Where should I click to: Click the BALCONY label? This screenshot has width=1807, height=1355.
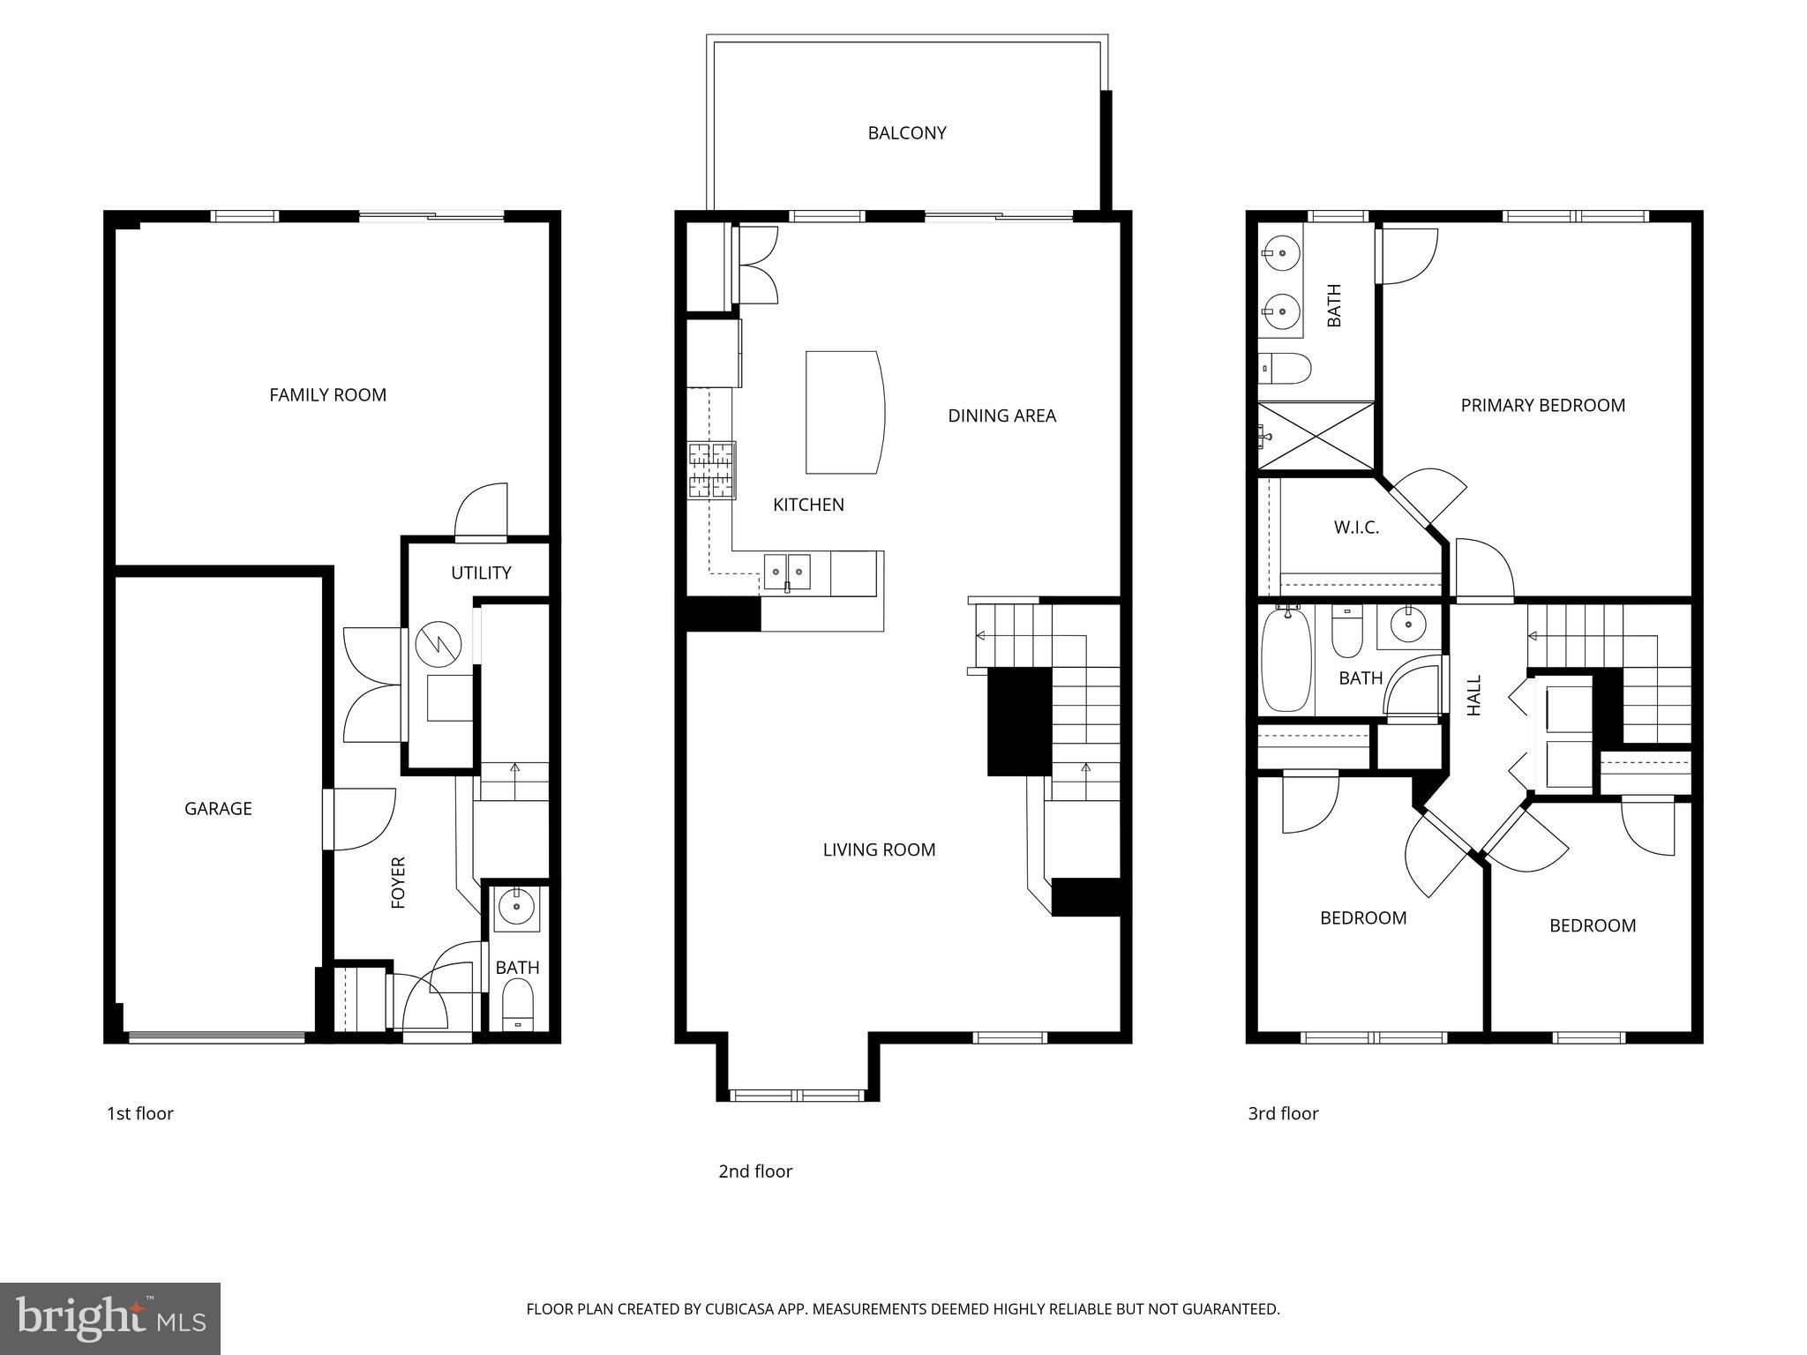tap(906, 133)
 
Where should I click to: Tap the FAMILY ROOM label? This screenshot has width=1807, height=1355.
tap(327, 395)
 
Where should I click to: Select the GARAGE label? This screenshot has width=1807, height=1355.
tap(218, 809)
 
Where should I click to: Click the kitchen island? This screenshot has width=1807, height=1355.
tap(844, 412)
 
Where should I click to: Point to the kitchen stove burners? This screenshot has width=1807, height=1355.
tap(711, 471)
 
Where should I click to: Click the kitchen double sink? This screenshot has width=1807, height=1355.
tap(787, 571)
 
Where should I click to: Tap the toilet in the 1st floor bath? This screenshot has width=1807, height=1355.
tap(518, 1006)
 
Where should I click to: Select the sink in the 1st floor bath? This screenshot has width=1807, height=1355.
tap(516, 906)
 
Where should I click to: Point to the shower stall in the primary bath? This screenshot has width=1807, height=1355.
tap(1316, 436)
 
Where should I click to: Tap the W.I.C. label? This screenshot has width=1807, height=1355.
tap(1356, 528)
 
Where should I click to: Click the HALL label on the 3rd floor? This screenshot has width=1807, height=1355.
tap(1474, 695)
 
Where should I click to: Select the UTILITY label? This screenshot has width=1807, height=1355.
tap(481, 573)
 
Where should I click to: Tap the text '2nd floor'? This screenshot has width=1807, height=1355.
tap(755, 1172)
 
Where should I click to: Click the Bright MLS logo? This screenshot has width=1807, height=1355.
tap(110, 1318)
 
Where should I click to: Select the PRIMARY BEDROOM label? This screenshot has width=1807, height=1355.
tap(1542, 406)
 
